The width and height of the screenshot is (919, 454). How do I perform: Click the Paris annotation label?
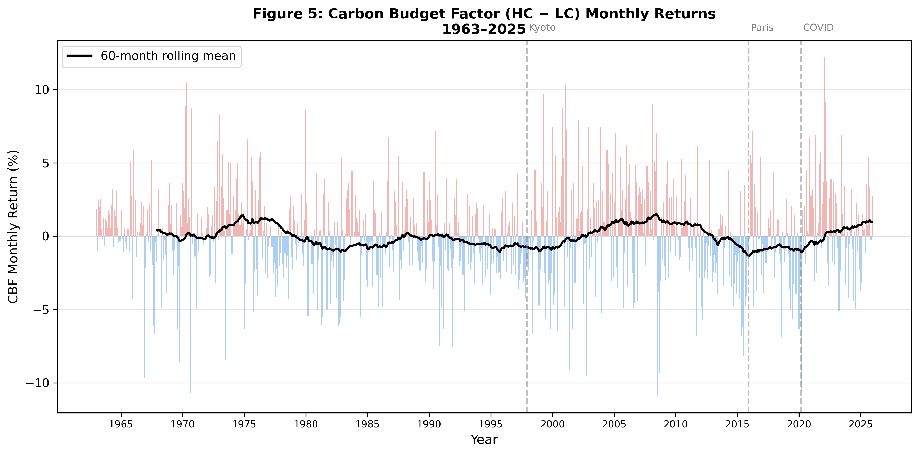[762, 28]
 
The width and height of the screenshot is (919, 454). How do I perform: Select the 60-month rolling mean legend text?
[168, 56]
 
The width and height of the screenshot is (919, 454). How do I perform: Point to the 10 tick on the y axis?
[42, 90]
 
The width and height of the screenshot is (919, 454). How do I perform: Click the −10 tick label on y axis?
[37, 383]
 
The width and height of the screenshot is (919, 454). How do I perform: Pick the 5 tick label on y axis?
[46, 163]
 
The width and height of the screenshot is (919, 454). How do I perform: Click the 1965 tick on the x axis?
[121, 424]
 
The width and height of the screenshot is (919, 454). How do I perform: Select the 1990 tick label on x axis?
[429, 424]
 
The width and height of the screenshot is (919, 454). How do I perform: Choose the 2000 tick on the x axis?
[552, 424]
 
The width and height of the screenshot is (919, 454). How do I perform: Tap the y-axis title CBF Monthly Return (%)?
[13, 227]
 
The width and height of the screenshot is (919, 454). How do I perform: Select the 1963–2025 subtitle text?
[484, 29]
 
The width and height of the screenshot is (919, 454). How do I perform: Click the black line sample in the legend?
[79, 56]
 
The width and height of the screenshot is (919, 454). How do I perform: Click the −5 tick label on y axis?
[41, 310]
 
